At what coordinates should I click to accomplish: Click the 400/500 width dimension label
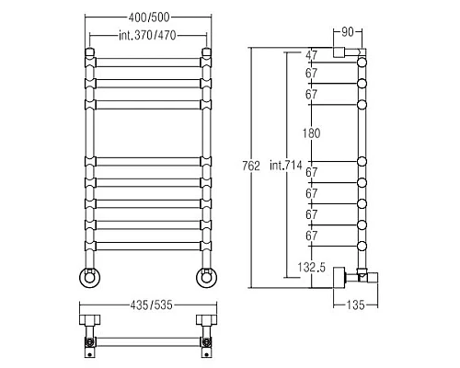[149, 17]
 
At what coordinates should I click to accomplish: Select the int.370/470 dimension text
[147, 36]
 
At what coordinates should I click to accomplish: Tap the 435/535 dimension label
[152, 305]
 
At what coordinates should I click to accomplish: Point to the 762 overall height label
[251, 166]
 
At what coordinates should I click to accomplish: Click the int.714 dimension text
[286, 166]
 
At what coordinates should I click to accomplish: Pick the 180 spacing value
[311, 133]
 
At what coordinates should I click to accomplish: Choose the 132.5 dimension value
[311, 268]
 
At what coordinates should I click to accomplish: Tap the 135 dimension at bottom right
[355, 305]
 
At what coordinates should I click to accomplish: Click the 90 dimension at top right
[348, 32]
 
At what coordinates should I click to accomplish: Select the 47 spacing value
[311, 55]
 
